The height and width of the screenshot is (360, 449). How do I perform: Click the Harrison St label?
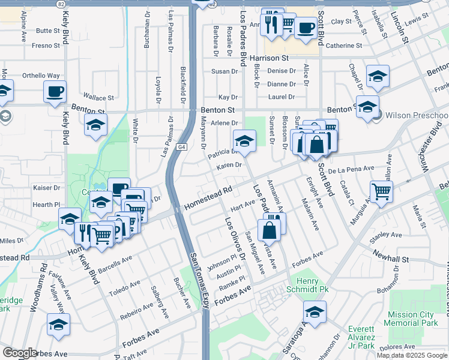click(270, 58)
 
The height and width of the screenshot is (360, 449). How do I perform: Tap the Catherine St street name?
click(344, 46)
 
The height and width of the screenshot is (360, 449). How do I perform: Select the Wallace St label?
click(98, 97)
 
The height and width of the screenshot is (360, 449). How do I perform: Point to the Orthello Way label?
click(41, 76)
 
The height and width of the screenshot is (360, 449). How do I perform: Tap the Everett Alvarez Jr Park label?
click(370, 334)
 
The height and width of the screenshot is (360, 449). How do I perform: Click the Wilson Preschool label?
click(416, 115)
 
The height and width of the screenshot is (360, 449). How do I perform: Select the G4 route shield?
click(181, 146)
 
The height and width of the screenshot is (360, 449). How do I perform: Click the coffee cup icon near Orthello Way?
click(55, 92)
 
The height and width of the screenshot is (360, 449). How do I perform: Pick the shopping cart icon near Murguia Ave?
click(381, 191)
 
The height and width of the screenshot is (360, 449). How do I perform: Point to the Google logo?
click(20, 353)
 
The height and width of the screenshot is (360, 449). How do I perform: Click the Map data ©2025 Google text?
click(412, 355)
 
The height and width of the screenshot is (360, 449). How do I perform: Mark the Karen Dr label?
click(229, 165)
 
